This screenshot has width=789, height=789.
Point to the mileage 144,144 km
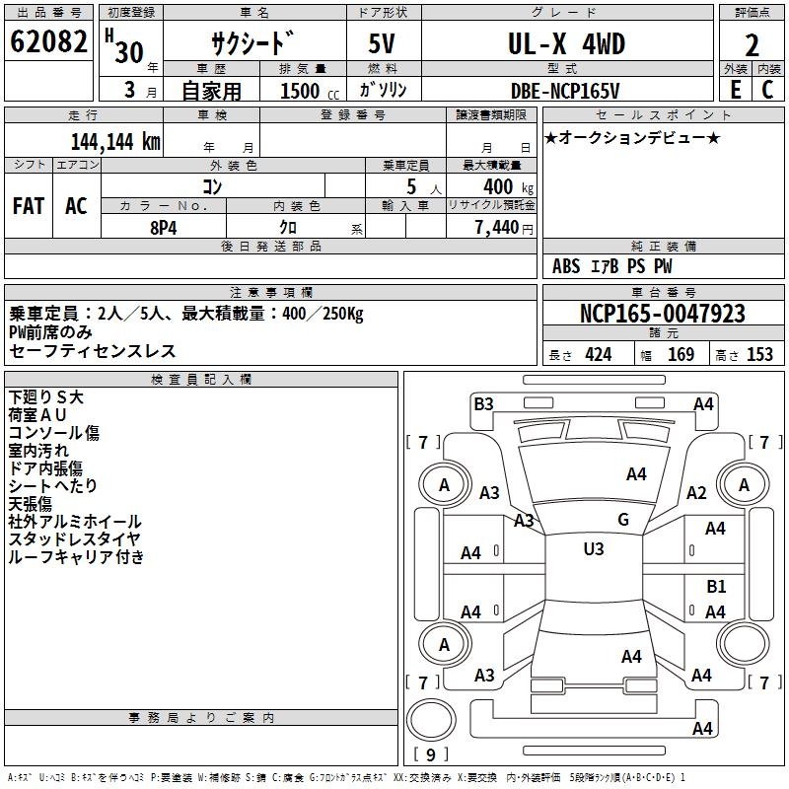coord(115,140)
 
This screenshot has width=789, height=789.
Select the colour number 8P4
coord(163,226)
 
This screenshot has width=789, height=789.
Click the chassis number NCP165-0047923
coord(662,314)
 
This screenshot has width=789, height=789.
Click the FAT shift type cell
coord(29,205)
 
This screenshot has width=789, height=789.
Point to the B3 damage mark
coord(483,403)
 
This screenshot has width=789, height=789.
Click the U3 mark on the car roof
coord(593,549)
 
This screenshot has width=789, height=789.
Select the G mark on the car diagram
coord(622,519)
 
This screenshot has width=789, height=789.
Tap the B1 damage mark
coord(716,586)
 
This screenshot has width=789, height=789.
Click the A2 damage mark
coord(697,493)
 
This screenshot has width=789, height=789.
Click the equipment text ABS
coord(566,266)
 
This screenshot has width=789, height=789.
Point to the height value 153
coord(759,355)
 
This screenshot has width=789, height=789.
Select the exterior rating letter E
coord(735,90)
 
